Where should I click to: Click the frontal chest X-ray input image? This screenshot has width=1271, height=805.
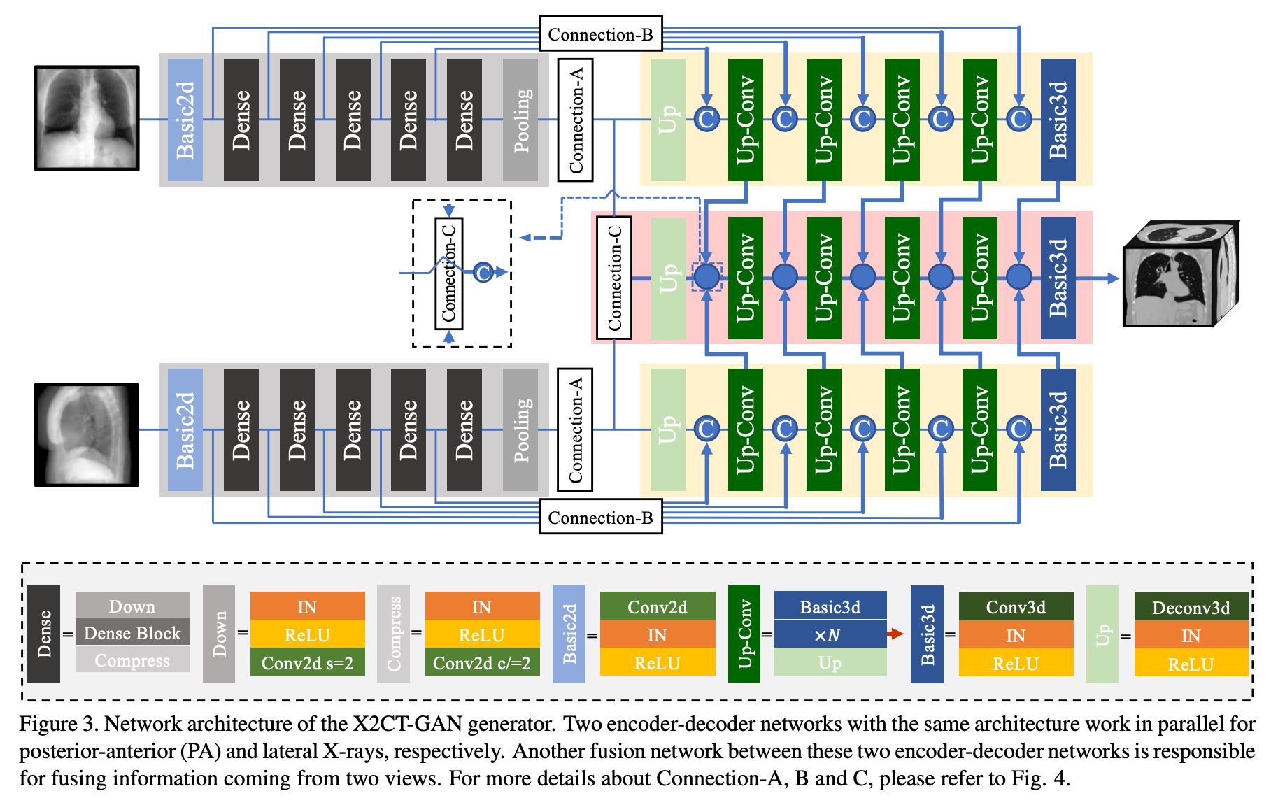tap(87, 118)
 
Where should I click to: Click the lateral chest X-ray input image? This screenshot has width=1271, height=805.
tap(87, 434)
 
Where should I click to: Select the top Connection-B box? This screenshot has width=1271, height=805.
tap(600, 34)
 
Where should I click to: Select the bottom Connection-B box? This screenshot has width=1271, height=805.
tap(600, 518)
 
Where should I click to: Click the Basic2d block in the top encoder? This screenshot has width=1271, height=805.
tap(185, 120)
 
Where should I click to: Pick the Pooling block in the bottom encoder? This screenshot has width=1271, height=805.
tap(520, 429)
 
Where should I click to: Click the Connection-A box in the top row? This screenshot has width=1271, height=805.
tap(575, 120)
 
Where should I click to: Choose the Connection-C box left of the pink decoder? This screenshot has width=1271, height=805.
tap(614, 278)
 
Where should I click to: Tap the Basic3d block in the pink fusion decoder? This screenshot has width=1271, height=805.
tap(1058, 278)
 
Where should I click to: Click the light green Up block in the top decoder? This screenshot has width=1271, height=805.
tap(668, 120)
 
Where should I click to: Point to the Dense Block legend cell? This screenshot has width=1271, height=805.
tap(132, 633)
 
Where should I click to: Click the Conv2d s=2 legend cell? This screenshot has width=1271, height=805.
tap(307, 662)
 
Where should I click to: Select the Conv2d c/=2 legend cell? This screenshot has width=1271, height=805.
tap(482, 662)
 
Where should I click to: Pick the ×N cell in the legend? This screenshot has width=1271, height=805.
tap(830, 634)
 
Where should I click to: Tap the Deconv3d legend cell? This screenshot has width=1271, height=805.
tap(1191, 607)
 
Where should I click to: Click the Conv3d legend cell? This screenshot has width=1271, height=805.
tap(1016, 606)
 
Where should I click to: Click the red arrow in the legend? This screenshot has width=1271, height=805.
tap(895, 634)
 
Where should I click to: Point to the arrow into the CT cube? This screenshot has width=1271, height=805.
tap(1098, 278)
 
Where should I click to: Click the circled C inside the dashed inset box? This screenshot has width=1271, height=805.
tap(483, 272)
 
